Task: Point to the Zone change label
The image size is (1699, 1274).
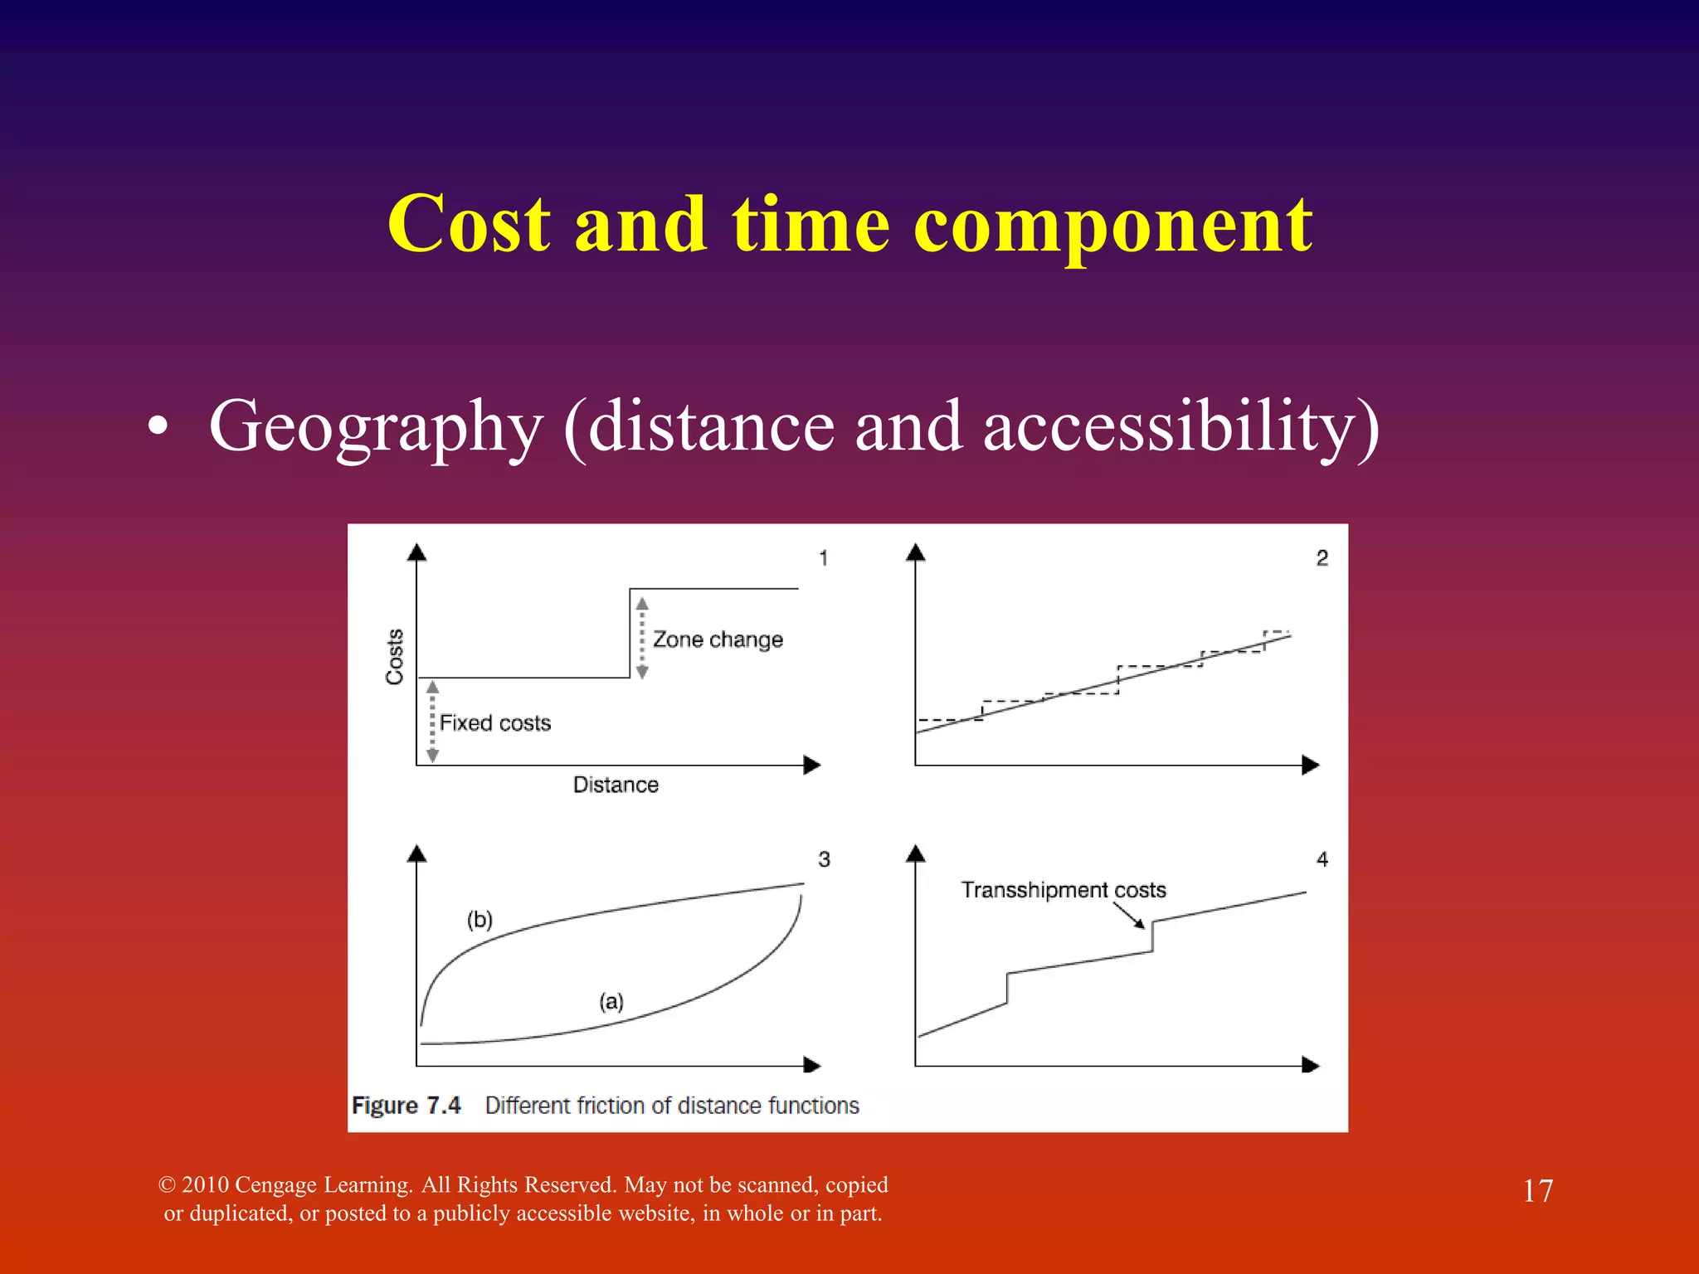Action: [x=718, y=639]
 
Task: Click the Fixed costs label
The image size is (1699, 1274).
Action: [x=495, y=723]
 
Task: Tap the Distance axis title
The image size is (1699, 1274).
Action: [x=616, y=785]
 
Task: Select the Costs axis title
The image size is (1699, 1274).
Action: [x=395, y=656]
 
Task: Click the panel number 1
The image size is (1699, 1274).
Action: [x=823, y=558]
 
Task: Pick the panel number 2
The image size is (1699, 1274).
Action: [x=1322, y=558]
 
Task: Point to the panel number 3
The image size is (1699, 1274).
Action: [x=824, y=859]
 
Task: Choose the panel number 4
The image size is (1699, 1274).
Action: [x=1322, y=859]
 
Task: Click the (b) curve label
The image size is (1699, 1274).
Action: [x=480, y=919]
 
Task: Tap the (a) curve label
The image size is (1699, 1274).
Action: [x=611, y=1001]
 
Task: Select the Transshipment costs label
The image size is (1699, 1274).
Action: [x=1064, y=890]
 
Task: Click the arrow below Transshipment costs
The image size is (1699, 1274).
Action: [x=1129, y=916]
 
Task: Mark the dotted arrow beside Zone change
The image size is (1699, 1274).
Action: [x=642, y=637]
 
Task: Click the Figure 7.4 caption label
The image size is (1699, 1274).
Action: [x=406, y=1106]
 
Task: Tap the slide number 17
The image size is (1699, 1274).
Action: [x=1538, y=1191]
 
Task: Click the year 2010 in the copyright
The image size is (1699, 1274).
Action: [x=205, y=1184]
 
